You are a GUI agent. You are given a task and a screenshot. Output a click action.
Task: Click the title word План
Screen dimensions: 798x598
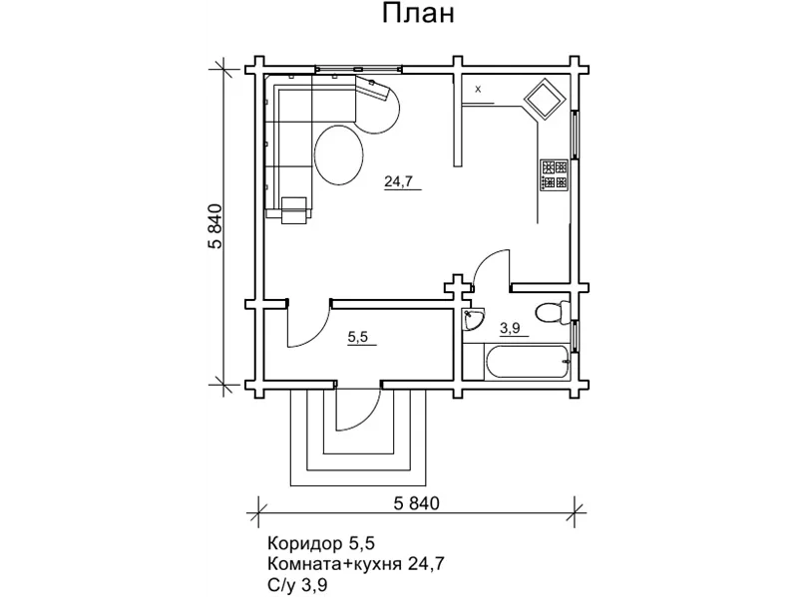[418, 14]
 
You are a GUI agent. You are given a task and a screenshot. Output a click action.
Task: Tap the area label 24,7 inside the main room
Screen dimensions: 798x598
[398, 181]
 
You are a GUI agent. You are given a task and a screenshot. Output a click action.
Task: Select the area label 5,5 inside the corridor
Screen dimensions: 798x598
[358, 337]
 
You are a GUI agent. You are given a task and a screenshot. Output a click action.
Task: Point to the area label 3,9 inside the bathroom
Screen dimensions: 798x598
[510, 328]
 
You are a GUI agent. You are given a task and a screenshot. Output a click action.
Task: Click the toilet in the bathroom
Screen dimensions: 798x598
[554, 312]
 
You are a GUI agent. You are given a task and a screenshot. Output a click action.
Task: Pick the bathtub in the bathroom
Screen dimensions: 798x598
[528, 362]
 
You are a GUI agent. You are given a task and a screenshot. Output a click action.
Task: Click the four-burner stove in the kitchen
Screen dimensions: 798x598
[555, 174]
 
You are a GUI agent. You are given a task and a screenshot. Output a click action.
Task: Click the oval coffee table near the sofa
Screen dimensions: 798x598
[339, 154]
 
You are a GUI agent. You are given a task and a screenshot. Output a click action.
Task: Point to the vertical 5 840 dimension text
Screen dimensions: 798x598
[215, 226]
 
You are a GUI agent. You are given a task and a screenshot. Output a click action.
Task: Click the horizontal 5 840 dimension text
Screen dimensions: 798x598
[416, 503]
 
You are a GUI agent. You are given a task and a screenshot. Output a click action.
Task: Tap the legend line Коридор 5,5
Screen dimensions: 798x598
[320, 543]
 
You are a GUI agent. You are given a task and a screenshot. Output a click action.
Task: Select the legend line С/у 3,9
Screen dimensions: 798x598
[297, 585]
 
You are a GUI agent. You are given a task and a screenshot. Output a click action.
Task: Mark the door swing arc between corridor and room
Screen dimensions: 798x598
[308, 326]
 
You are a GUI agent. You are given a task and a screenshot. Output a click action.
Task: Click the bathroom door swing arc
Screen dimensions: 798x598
[491, 267]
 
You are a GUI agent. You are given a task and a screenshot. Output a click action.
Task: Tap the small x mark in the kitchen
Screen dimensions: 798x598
[478, 90]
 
